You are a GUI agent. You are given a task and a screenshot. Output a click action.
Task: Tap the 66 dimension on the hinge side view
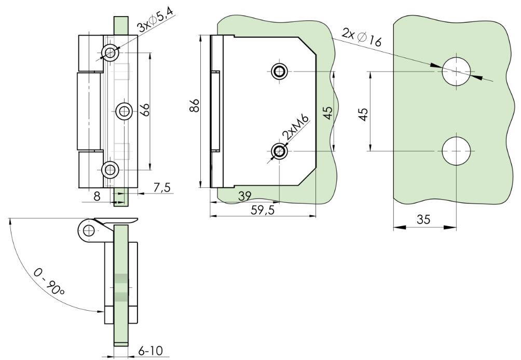click(145, 109)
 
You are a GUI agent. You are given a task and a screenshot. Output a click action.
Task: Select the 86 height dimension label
click(195, 105)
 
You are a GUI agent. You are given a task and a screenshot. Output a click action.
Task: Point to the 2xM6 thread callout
click(295, 127)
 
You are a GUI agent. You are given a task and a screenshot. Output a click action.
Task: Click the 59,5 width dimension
click(263, 210)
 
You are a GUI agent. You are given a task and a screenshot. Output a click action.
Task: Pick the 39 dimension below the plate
click(245, 196)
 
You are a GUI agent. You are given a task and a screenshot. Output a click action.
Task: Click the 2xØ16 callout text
click(362, 37)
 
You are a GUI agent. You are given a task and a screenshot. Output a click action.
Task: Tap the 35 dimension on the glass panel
click(423, 219)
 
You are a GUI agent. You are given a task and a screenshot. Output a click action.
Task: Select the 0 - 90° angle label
click(49, 282)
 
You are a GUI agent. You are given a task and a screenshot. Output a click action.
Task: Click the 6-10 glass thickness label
click(150, 351)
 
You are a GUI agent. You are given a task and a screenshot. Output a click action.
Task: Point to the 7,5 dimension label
click(162, 188)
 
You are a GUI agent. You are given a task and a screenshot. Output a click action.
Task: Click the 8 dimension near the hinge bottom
click(97, 196)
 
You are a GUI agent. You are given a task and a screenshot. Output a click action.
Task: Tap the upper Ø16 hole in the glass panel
click(457, 72)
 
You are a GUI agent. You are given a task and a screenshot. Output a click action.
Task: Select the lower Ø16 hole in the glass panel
click(457, 151)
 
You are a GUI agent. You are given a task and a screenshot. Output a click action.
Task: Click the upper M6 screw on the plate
click(279, 71)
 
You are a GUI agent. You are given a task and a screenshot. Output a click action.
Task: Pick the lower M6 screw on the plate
click(279, 151)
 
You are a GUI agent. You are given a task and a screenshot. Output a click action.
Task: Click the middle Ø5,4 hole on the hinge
click(124, 111)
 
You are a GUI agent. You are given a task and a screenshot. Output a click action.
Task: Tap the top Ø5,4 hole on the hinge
click(110, 52)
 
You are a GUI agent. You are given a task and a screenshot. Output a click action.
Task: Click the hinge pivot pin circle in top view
click(89, 230)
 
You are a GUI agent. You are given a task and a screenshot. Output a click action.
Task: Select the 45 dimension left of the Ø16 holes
click(364, 114)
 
